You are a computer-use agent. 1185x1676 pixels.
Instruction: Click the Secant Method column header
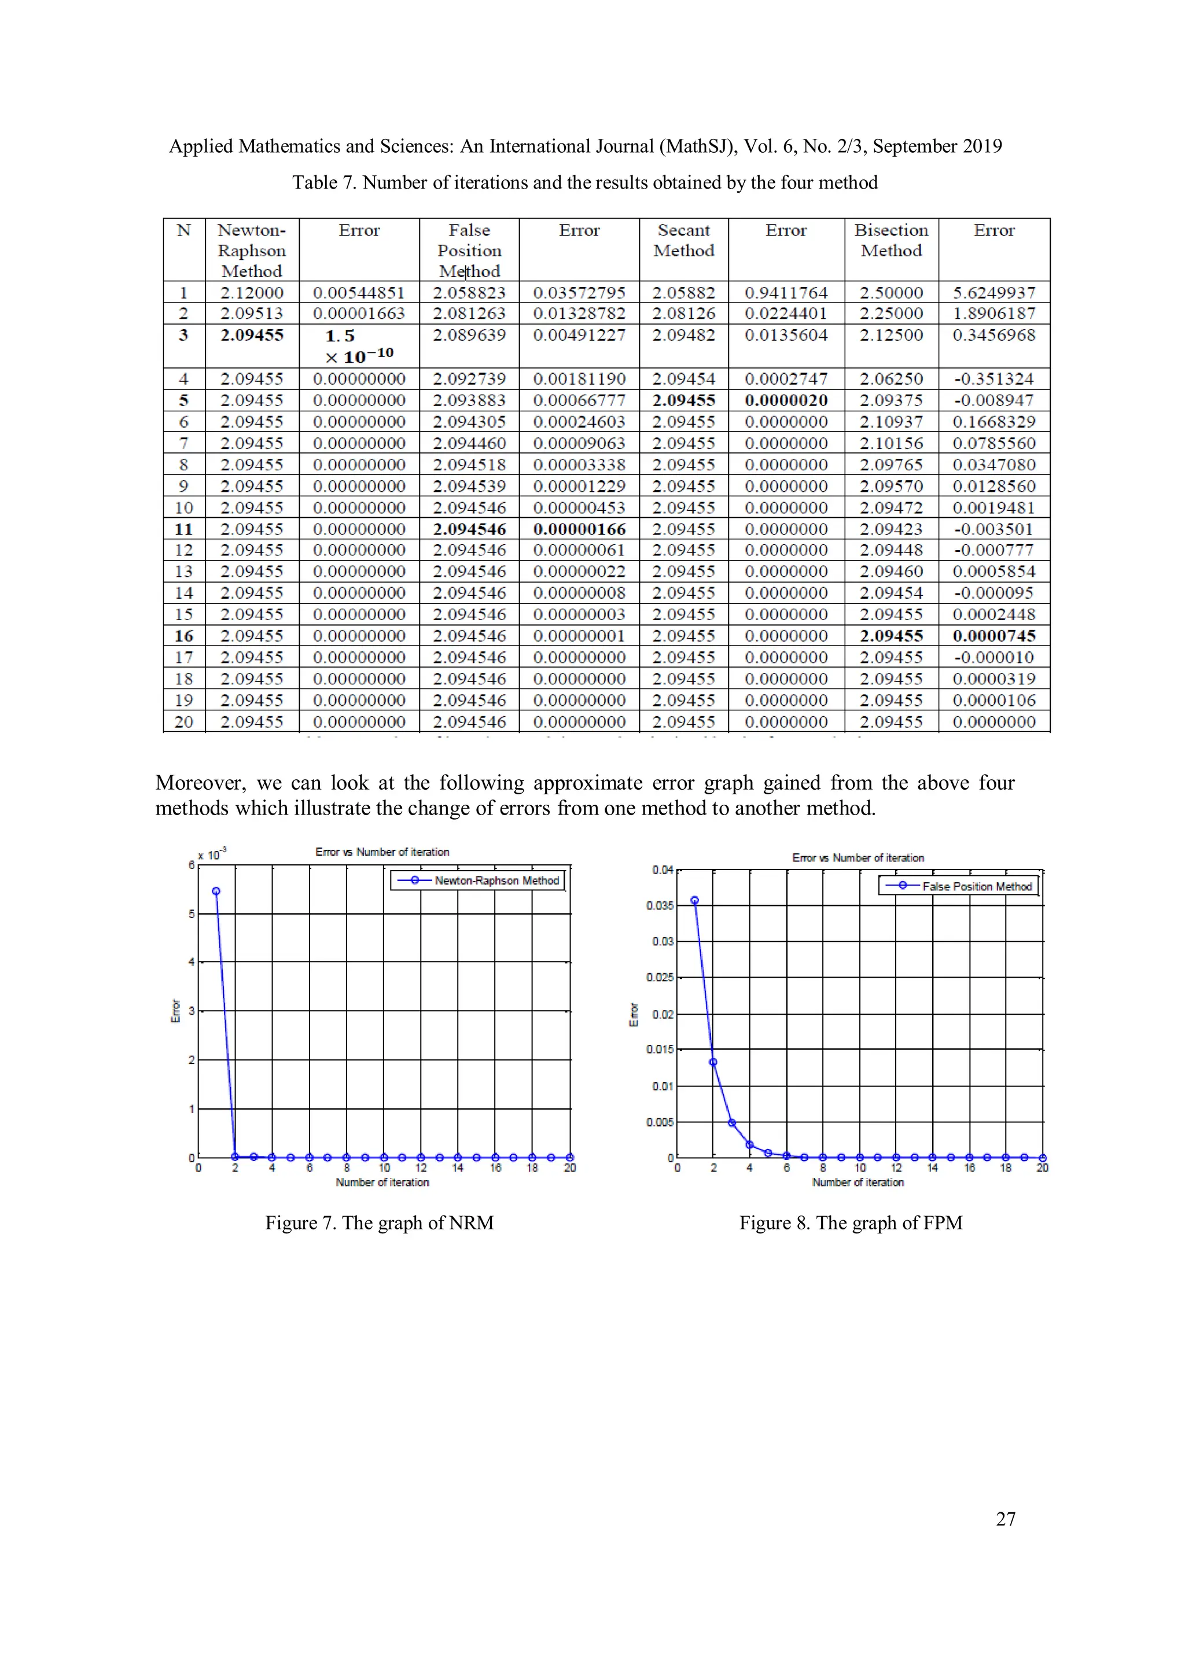click(x=683, y=240)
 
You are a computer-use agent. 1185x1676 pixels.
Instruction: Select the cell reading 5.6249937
click(x=993, y=293)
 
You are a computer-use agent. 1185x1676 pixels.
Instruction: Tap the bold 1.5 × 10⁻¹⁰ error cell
click(x=359, y=346)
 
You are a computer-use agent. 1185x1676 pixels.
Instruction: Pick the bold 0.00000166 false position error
click(x=579, y=529)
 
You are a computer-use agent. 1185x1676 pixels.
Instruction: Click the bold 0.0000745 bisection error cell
click(x=993, y=636)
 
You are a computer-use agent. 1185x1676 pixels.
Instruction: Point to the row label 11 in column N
click(x=184, y=529)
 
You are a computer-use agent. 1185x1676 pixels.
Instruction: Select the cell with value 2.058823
click(x=469, y=293)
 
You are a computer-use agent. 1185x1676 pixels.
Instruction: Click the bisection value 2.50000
click(x=890, y=293)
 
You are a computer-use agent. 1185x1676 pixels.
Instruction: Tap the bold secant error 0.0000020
click(x=786, y=400)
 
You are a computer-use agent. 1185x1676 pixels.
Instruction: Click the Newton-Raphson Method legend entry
click(x=496, y=881)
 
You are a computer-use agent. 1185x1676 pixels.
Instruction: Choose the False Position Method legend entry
click(x=976, y=886)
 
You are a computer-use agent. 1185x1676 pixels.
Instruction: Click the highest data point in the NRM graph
click(x=216, y=892)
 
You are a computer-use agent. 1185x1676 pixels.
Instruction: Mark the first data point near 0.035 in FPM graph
click(x=694, y=900)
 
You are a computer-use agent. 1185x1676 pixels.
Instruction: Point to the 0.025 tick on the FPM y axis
click(x=660, y=977)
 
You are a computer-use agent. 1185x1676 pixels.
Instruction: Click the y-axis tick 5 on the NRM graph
click(x=192, y=914)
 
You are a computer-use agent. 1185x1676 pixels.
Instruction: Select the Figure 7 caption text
click(x=379, y=1222)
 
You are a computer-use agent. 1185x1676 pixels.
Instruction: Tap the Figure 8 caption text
click(x=850, y=1222)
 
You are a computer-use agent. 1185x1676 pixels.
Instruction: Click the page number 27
click(x=1006, y=1519)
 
